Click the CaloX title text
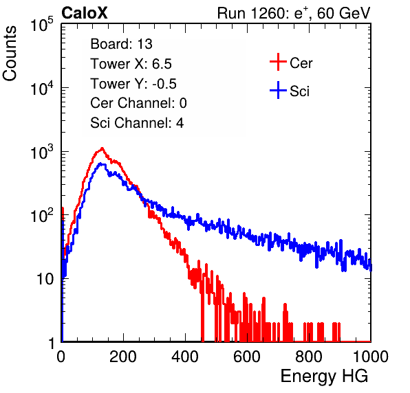click(85, 13)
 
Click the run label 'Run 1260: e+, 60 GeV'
click(294, 13)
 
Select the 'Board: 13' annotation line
click(121, 44)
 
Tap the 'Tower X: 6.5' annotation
click(131, 64)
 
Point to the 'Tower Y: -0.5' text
click(133, 84)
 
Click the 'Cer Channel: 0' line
click(138, 103)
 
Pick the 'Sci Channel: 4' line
click(137, 122)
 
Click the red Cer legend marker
click(278, 62)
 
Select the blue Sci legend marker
click(278, 91)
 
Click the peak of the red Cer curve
click(102, 148)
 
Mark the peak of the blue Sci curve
click(101, 164)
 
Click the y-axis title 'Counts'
click(10, 54)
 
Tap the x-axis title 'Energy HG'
click(324, 377)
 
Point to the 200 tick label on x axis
click(123, 357)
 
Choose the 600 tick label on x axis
click(247, 357)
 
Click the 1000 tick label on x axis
click(371, 357)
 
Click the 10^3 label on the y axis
click(42, 152)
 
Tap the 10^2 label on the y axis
click(42, 215)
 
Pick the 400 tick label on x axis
click(185, 357)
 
